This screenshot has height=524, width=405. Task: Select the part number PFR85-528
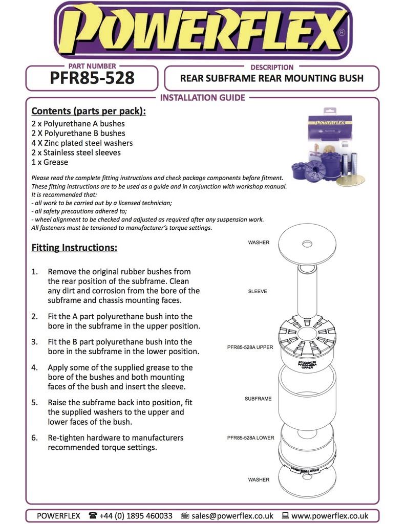tap(92, 78)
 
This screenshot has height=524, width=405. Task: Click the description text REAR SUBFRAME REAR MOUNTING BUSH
tap(271, 78)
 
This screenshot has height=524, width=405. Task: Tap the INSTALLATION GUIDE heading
tap(203, 98)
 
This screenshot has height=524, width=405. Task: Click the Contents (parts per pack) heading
tap(89, 111)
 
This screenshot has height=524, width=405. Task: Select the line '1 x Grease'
tap(50, 162)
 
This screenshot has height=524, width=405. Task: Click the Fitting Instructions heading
tap(74, 248)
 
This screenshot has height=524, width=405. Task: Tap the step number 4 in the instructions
tap(34, 367)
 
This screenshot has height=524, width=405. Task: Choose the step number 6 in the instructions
tap(34, 438)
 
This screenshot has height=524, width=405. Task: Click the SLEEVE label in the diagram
tap(258, 291)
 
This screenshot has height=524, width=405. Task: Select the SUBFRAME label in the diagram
tap(258, 398)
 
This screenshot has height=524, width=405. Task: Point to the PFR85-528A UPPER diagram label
tap(250, 347)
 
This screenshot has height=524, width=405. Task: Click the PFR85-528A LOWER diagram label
tap(251, 438)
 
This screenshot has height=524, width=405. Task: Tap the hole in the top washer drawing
tap(307, 244)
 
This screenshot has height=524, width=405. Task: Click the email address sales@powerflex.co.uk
tap(232, 516)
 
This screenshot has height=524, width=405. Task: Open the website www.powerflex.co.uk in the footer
tap(330, 516)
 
